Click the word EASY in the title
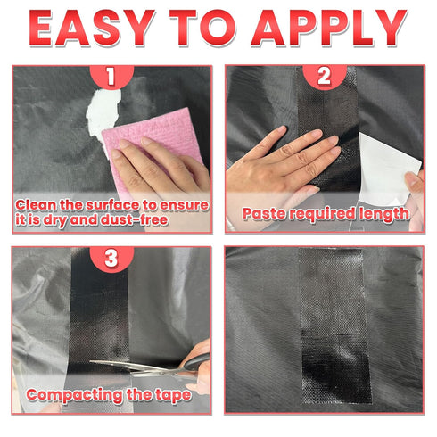[92, 29]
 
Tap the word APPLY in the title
[329, 29]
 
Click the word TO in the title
[203, 29]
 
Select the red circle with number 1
[111, 76]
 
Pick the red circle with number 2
[325, 77]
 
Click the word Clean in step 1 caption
[36, 205]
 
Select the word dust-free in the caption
[134, 220]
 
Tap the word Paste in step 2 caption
[264, 214]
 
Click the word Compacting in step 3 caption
[75, 396]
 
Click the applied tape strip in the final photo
[334, 326]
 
